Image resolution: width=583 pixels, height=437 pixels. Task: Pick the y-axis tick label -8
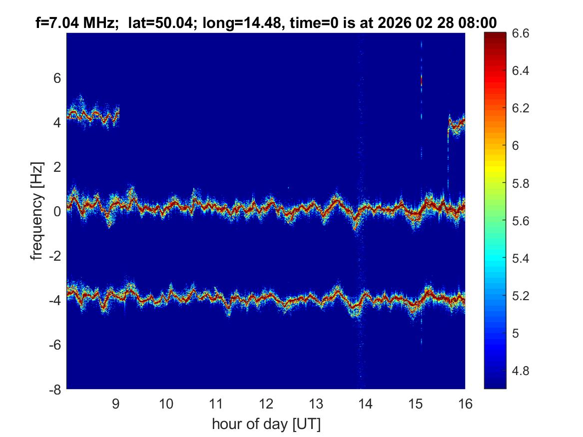(55, 390)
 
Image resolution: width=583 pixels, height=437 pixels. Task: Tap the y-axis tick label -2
(55, 256)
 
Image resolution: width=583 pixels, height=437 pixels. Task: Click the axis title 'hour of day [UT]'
(266, 424)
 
